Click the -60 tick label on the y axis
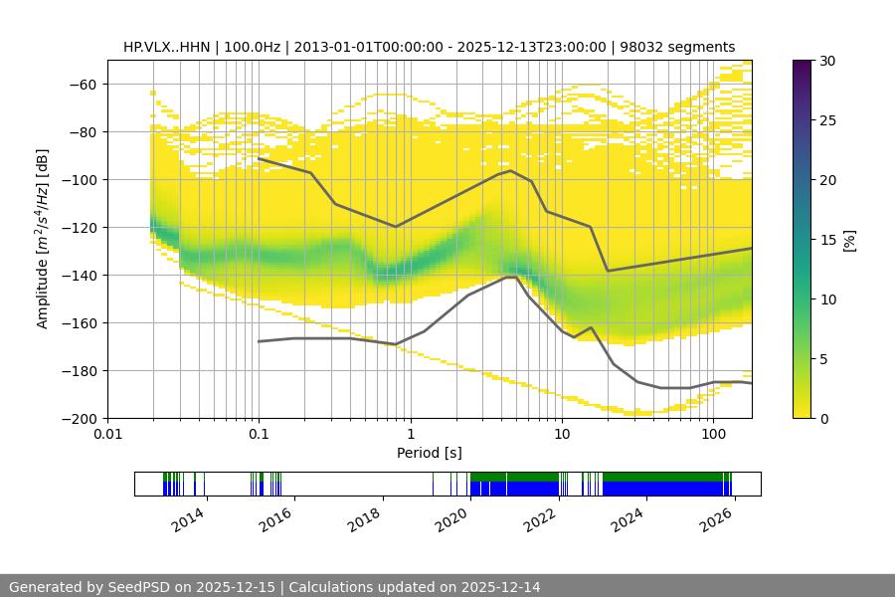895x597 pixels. (x=83, y=84)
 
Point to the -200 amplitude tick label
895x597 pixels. (x=80, y=418)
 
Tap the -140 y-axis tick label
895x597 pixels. (x=80, y=275)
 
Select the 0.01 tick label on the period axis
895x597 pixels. (x=107, y=435)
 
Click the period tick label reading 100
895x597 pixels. (x=713, y=435)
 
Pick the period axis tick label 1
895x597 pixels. (x=411, y=435)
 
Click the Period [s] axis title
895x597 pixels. (x=430, y=453)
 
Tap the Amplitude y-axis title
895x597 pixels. (x=43, y=239)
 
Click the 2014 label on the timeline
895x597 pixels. (x=189, y=518)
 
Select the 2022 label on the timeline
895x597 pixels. (x=541, y=518)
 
